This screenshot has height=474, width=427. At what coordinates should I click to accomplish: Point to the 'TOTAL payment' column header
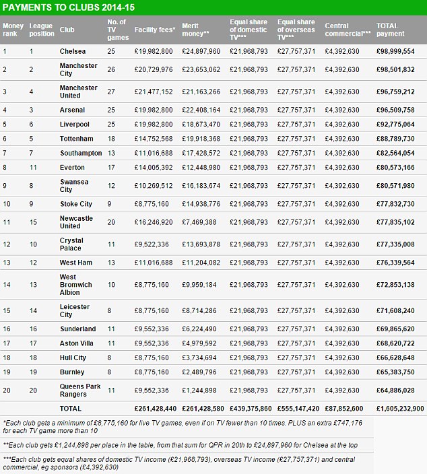(391, 30)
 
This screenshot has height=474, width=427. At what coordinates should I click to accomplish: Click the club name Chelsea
(72, 51)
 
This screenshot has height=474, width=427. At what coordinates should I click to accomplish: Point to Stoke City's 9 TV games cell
(110, 204)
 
